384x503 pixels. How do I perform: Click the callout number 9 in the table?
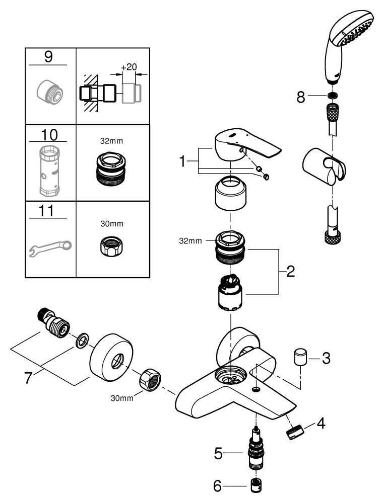[x=48, y=57]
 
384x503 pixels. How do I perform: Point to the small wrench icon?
[x=50, y=247]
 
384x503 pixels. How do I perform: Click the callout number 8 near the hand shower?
[x=301, y=97]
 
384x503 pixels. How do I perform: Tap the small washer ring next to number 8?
[x=332, y=97]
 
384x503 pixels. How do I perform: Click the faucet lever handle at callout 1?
[x=246, y=149]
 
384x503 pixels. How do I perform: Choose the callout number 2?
[x=290, y=272]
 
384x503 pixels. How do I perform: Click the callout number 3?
[x=326, y=359]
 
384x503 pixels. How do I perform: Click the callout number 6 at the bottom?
[x=218, y=486]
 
